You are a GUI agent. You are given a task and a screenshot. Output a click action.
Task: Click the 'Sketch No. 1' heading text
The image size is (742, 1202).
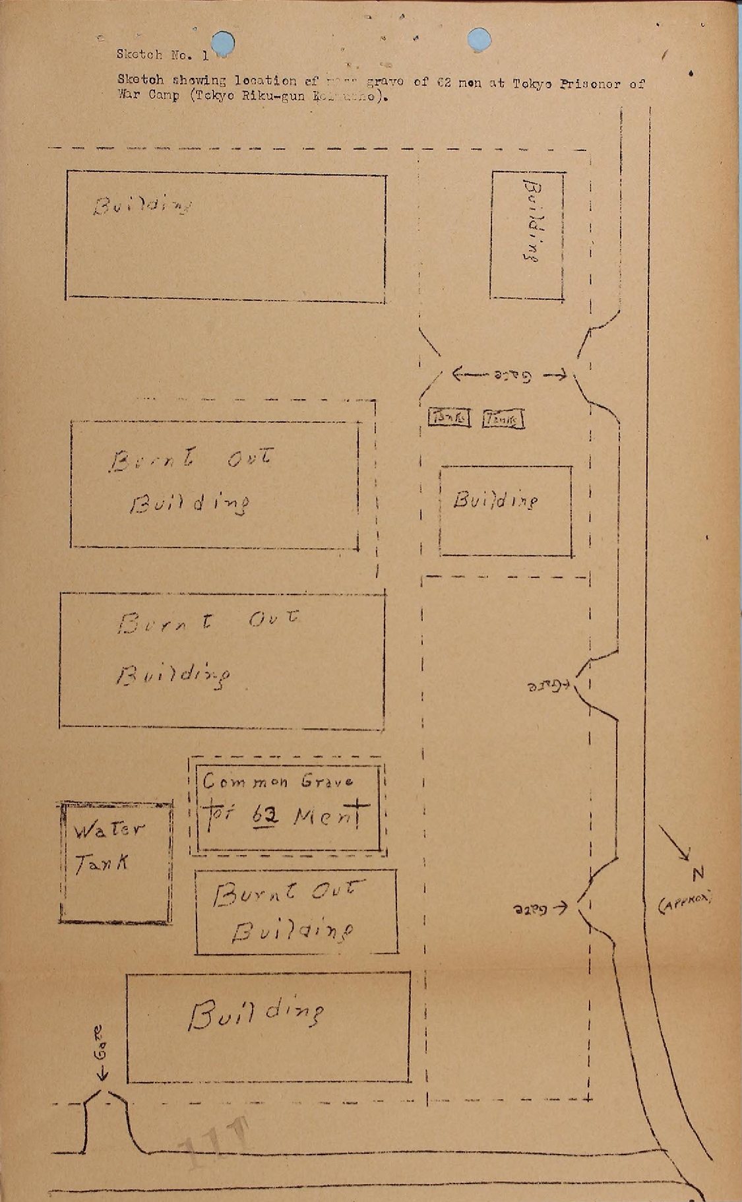click(162, 55)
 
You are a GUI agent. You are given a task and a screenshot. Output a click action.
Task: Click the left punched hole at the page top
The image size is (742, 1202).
click(222, 42)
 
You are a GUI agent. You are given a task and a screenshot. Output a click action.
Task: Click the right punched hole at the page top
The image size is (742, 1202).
click(479, 40)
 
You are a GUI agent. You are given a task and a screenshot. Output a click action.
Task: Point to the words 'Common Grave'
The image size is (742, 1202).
click(277, 782)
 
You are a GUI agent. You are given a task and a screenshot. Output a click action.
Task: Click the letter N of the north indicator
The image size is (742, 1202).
click(698, 874)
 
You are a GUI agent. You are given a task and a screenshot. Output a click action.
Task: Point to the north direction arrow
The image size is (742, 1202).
click(674, 842)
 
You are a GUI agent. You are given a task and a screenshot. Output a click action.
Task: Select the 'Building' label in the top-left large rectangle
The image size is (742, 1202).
click(142, 206)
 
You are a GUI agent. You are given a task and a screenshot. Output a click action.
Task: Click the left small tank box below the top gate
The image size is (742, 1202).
click(450, 417)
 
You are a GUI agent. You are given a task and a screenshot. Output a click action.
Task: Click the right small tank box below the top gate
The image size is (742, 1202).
click(503, 419)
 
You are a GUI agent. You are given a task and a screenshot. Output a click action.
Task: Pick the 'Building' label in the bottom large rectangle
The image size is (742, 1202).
click(256, 1014)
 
